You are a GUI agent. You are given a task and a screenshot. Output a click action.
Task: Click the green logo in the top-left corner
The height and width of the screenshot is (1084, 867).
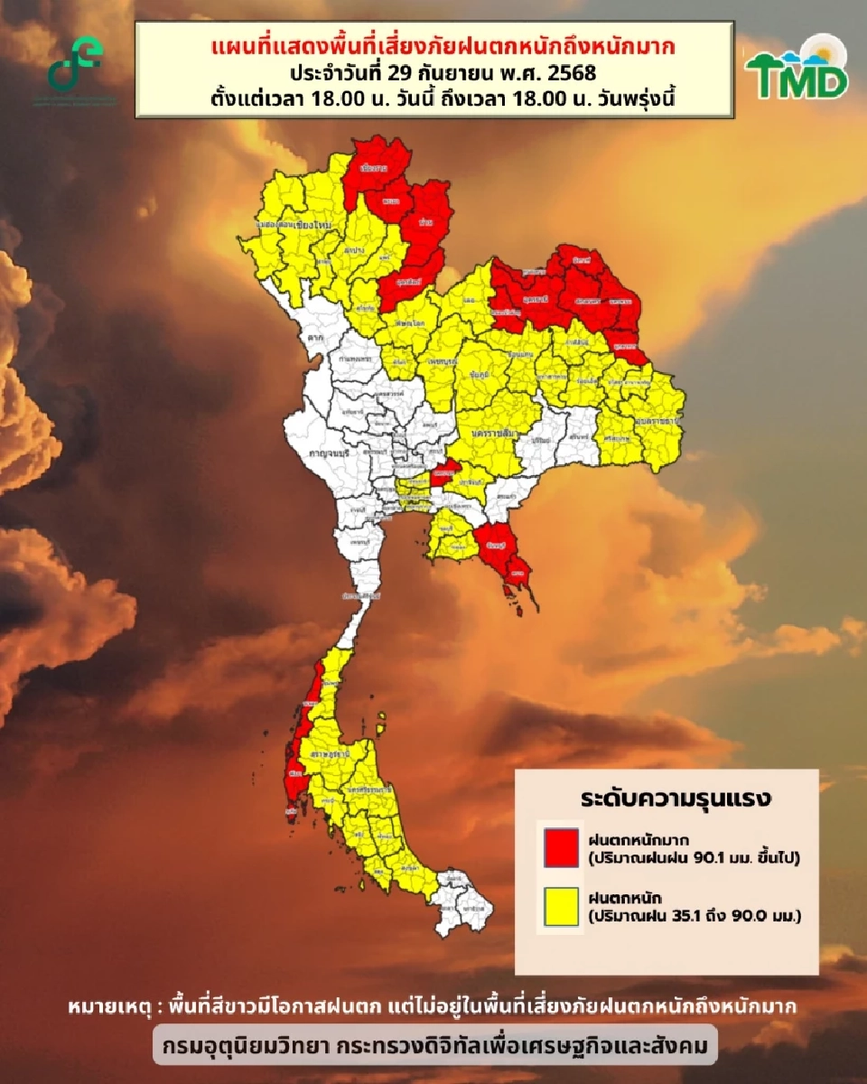[76, 65]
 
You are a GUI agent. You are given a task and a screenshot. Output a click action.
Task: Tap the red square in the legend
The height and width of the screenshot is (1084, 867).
[561, 847]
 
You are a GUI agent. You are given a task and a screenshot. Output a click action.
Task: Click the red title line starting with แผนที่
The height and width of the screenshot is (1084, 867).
[433, 43]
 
